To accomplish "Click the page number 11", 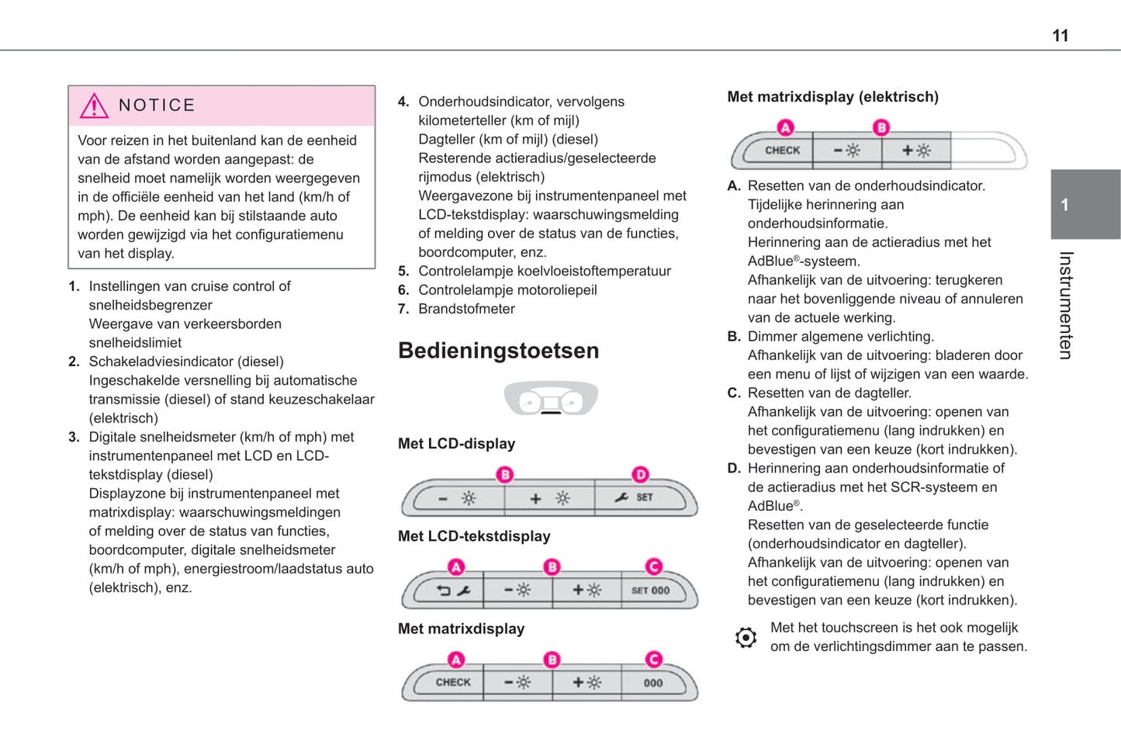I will pyautogui.click(x=1060, y=36).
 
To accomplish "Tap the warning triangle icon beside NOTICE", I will pyautogui.click(x=94, y=106).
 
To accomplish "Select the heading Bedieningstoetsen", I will pyautogui.click(x=498, y=351).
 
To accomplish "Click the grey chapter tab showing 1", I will pyautogui.click(x=1085, y=204).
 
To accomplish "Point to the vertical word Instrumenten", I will pyautogui.click(x=1066, y=305).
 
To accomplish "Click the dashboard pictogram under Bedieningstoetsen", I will pyautogui.click(x=551, y=399).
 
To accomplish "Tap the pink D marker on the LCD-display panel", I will pyautogui.click(x=640, y=474).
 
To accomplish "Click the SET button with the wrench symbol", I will pyautogui.click(x=635, y=497).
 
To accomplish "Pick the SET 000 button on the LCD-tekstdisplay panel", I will pyautogui.click(x=651, y=590).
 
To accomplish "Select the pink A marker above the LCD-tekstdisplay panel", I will pyautogui.click(x=456, y=567).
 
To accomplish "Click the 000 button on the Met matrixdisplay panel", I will pyautogui.click(x=653, y=683).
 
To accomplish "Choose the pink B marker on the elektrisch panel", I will pyautogui.click(x=881, y=127).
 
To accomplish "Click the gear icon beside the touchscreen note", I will pyautogui.click(x=746, y=637).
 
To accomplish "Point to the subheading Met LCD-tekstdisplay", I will pyautogui.click(x=474, y=536).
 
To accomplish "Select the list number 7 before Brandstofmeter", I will pyautogui.click(x=403, y=309).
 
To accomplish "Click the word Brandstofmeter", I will pyautogui.click(x=466, y=309).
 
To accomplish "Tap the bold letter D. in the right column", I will pyautogui.click(x=734, y=469).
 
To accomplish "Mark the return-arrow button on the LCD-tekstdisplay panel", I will pyautogui.click(x=453, y=590).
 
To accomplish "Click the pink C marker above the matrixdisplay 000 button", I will pyautogui.click(x=654, y=660).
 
